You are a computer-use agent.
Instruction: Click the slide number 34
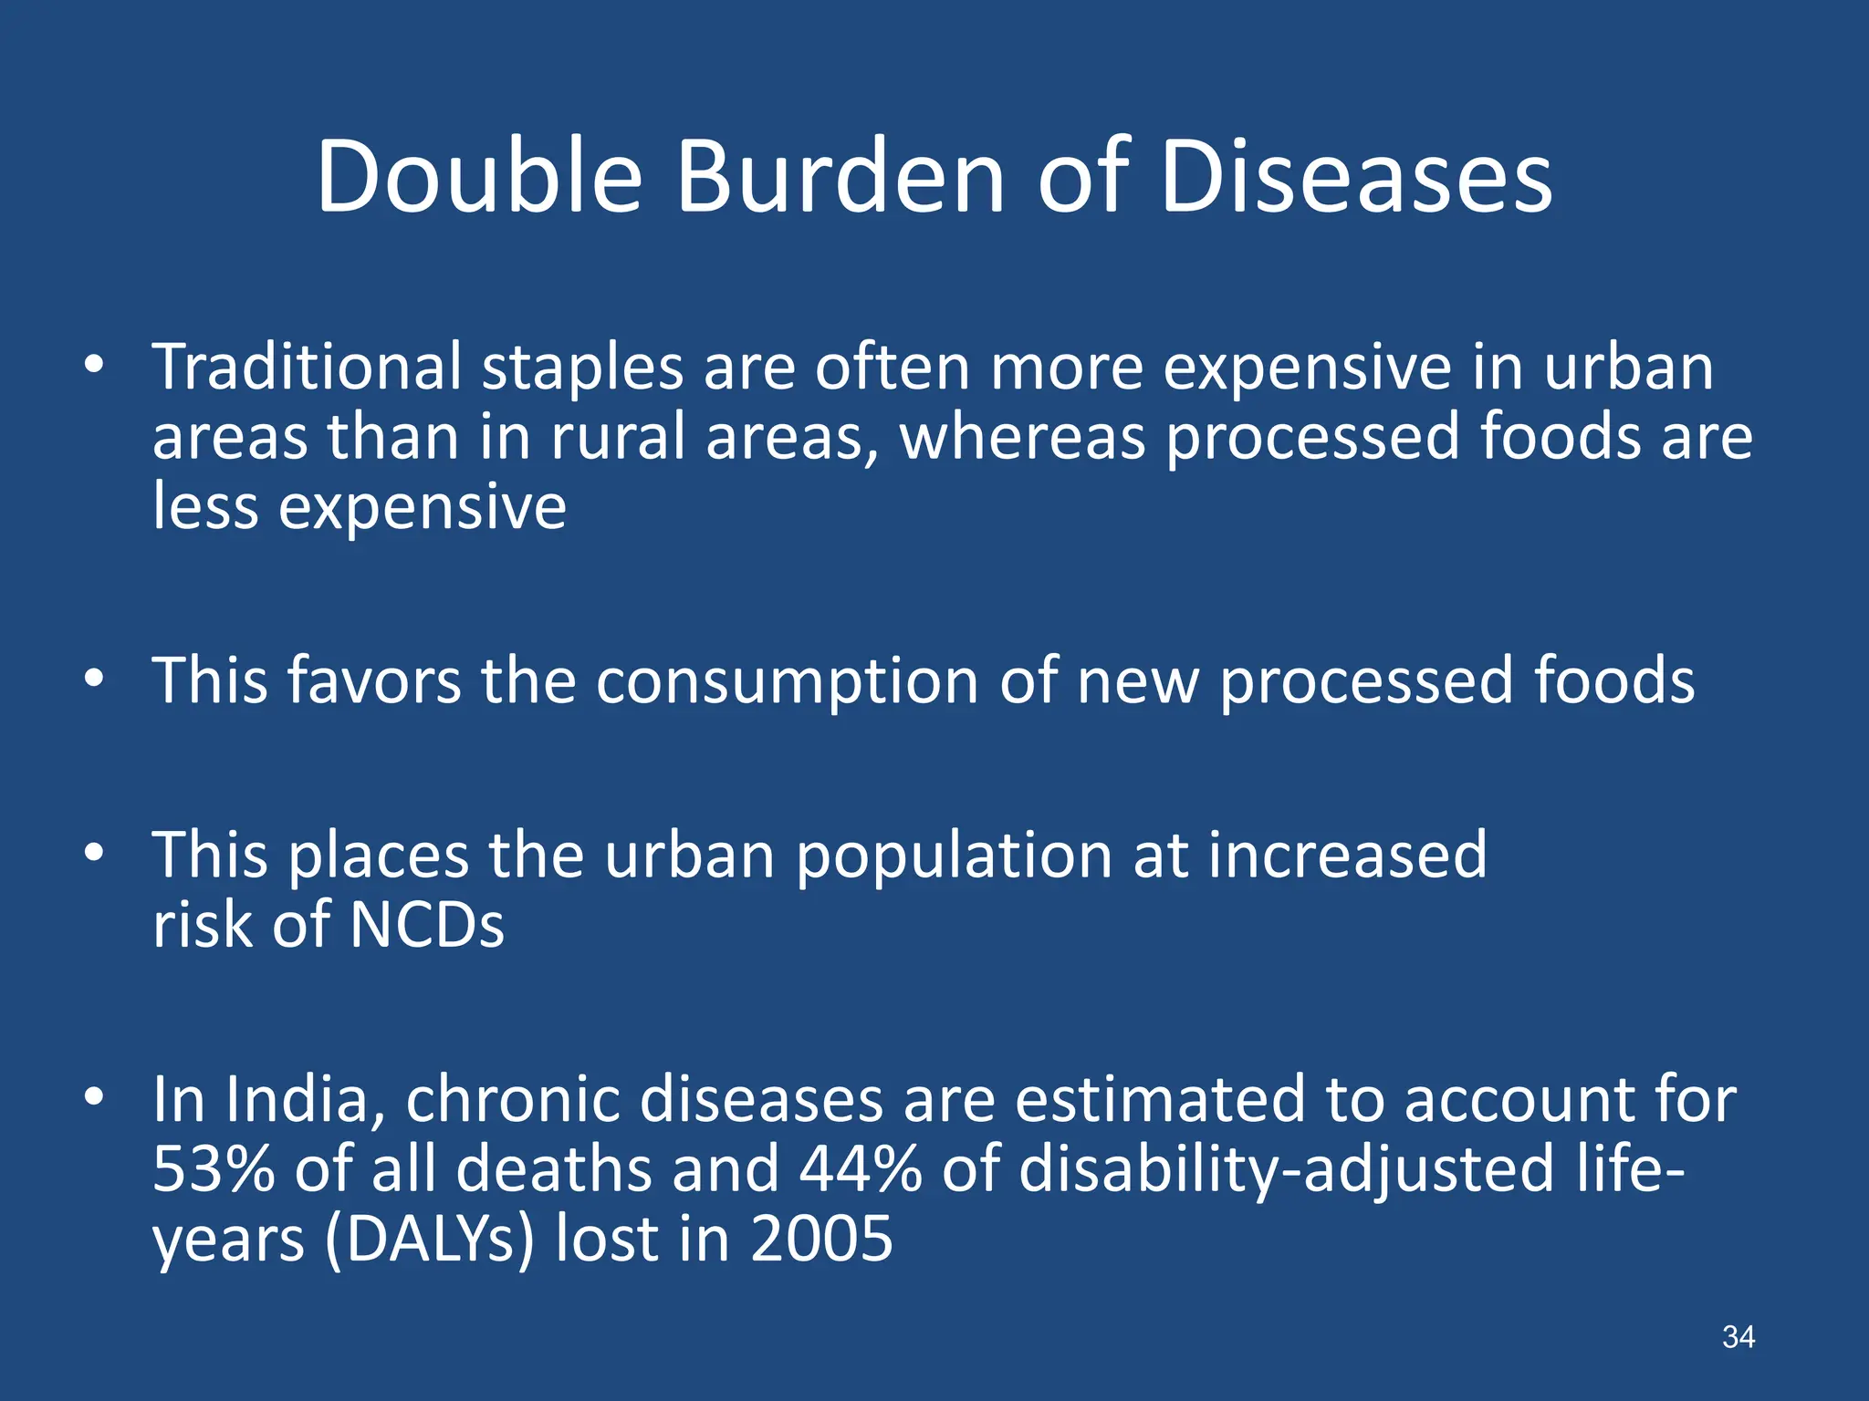(x=1738, y=1337)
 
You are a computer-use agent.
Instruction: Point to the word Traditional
(x=307, y=367)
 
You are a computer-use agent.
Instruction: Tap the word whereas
(x=1022, y=437)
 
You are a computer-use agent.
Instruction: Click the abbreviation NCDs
(x=426, y=926)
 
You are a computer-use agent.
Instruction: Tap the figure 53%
(x=213, y=1169)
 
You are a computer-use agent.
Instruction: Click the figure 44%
(x=861, y=1169)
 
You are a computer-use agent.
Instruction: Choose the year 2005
(x=821, y=1239)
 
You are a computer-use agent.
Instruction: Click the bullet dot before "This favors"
(x=93, y=679)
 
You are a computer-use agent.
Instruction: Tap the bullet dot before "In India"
(x=93, y=1098)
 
